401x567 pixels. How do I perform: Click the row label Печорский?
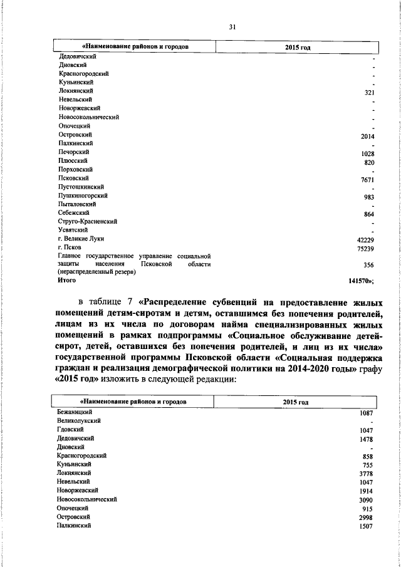(73, 152)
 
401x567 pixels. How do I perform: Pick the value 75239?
(365, 249)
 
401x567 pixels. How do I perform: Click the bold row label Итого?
(67, 281)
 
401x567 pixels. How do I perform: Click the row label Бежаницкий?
(75, 412)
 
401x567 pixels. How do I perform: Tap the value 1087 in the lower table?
(367, 414)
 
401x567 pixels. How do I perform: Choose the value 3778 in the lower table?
(367, 475)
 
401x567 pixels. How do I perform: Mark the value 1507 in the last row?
(367, 527)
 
